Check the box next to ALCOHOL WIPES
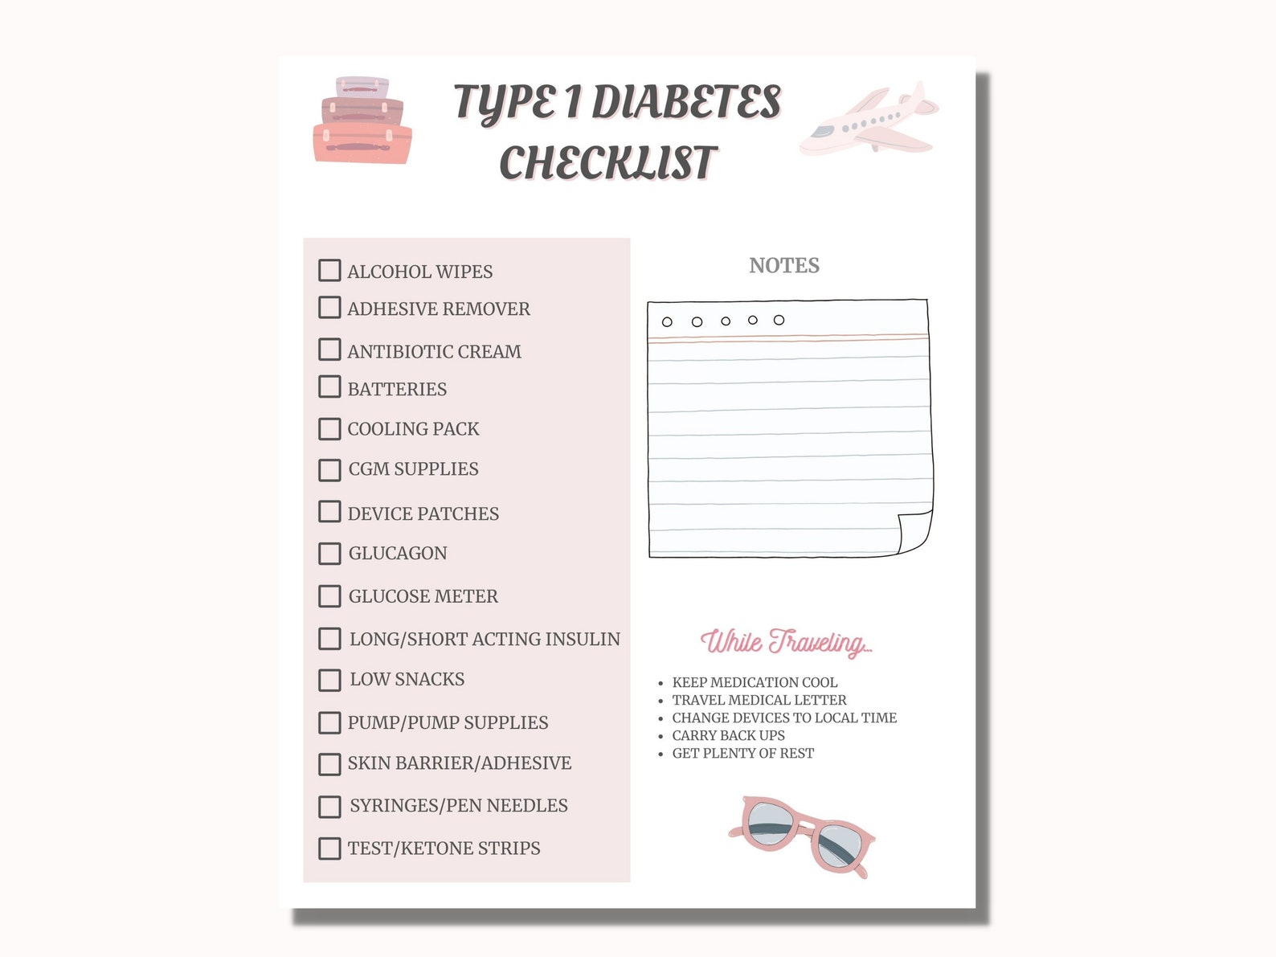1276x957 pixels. (329, 270)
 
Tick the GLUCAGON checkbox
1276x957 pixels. (329, 554)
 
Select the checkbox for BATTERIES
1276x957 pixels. (329, 387)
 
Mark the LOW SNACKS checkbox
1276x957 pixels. (329, 680)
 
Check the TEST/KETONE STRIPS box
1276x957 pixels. (329, 849)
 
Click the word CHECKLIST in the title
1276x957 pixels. (607, 163)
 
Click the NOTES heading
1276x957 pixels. (784, 266)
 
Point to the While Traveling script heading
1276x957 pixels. (786, 642)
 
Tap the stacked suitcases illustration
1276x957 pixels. (362, 121)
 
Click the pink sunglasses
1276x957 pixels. (802, 836)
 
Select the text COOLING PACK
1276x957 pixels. (413, 429)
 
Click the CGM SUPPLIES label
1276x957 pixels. (413, 469)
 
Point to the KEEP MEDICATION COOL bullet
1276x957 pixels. (754, 682)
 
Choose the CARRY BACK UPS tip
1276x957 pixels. (728, 735)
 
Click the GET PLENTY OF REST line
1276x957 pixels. (742, 753)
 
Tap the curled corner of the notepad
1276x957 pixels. (914, 532)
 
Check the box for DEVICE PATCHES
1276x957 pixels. (329, 512)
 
